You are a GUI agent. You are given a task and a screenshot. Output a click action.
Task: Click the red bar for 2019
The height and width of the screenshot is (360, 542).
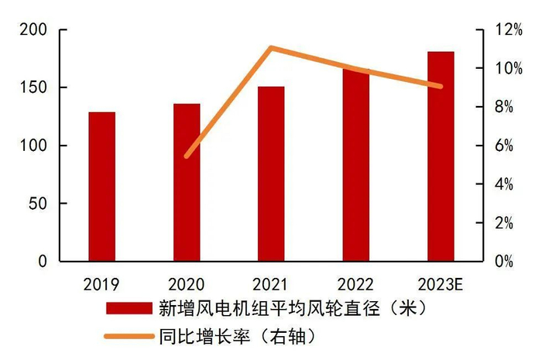pyautogui.click(x=101, y=187)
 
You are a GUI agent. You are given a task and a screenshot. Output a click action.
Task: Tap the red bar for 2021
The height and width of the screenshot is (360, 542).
pyautogui.click(x=271, y=174)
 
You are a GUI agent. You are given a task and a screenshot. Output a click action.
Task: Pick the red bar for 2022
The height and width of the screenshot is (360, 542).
pyautogui.click(x=355, y=166)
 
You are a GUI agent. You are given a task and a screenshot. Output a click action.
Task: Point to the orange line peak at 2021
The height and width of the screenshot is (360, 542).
pyautogui.click(x=271, y=48)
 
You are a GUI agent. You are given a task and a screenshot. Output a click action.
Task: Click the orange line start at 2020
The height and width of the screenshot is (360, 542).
pyautogui.click(x=186, y=156)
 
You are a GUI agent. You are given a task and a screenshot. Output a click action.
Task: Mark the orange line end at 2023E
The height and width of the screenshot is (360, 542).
pyautogui.click(x=441, y=86)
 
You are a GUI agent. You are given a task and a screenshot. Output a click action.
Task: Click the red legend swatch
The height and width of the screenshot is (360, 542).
pyautogui.click(x=127, y=309)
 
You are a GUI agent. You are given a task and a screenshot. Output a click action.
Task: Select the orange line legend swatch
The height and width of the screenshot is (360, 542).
pyautogui.click(x=127, y=336)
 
